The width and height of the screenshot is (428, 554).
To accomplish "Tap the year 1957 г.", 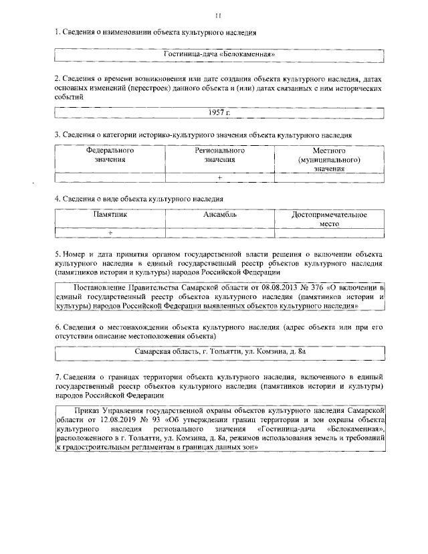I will coord(219,113).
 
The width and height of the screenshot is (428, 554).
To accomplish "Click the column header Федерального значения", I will coord(109,155).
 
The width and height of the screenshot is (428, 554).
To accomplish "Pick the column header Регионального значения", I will coord(219,155).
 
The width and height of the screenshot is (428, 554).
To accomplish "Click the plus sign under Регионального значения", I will coord(219,177).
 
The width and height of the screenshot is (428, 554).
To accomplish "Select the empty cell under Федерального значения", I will coord(109,177).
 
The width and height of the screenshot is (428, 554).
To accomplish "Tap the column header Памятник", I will coord(109,215).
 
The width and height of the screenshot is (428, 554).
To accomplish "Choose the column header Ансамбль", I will coord(219,215).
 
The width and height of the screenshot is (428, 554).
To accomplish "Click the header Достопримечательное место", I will coord(330,219).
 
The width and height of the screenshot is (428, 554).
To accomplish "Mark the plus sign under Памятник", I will coord(110,232).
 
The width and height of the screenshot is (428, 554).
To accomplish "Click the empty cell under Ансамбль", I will coord(219,232).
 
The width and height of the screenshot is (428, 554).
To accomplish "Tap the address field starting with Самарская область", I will coord(219,350).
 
